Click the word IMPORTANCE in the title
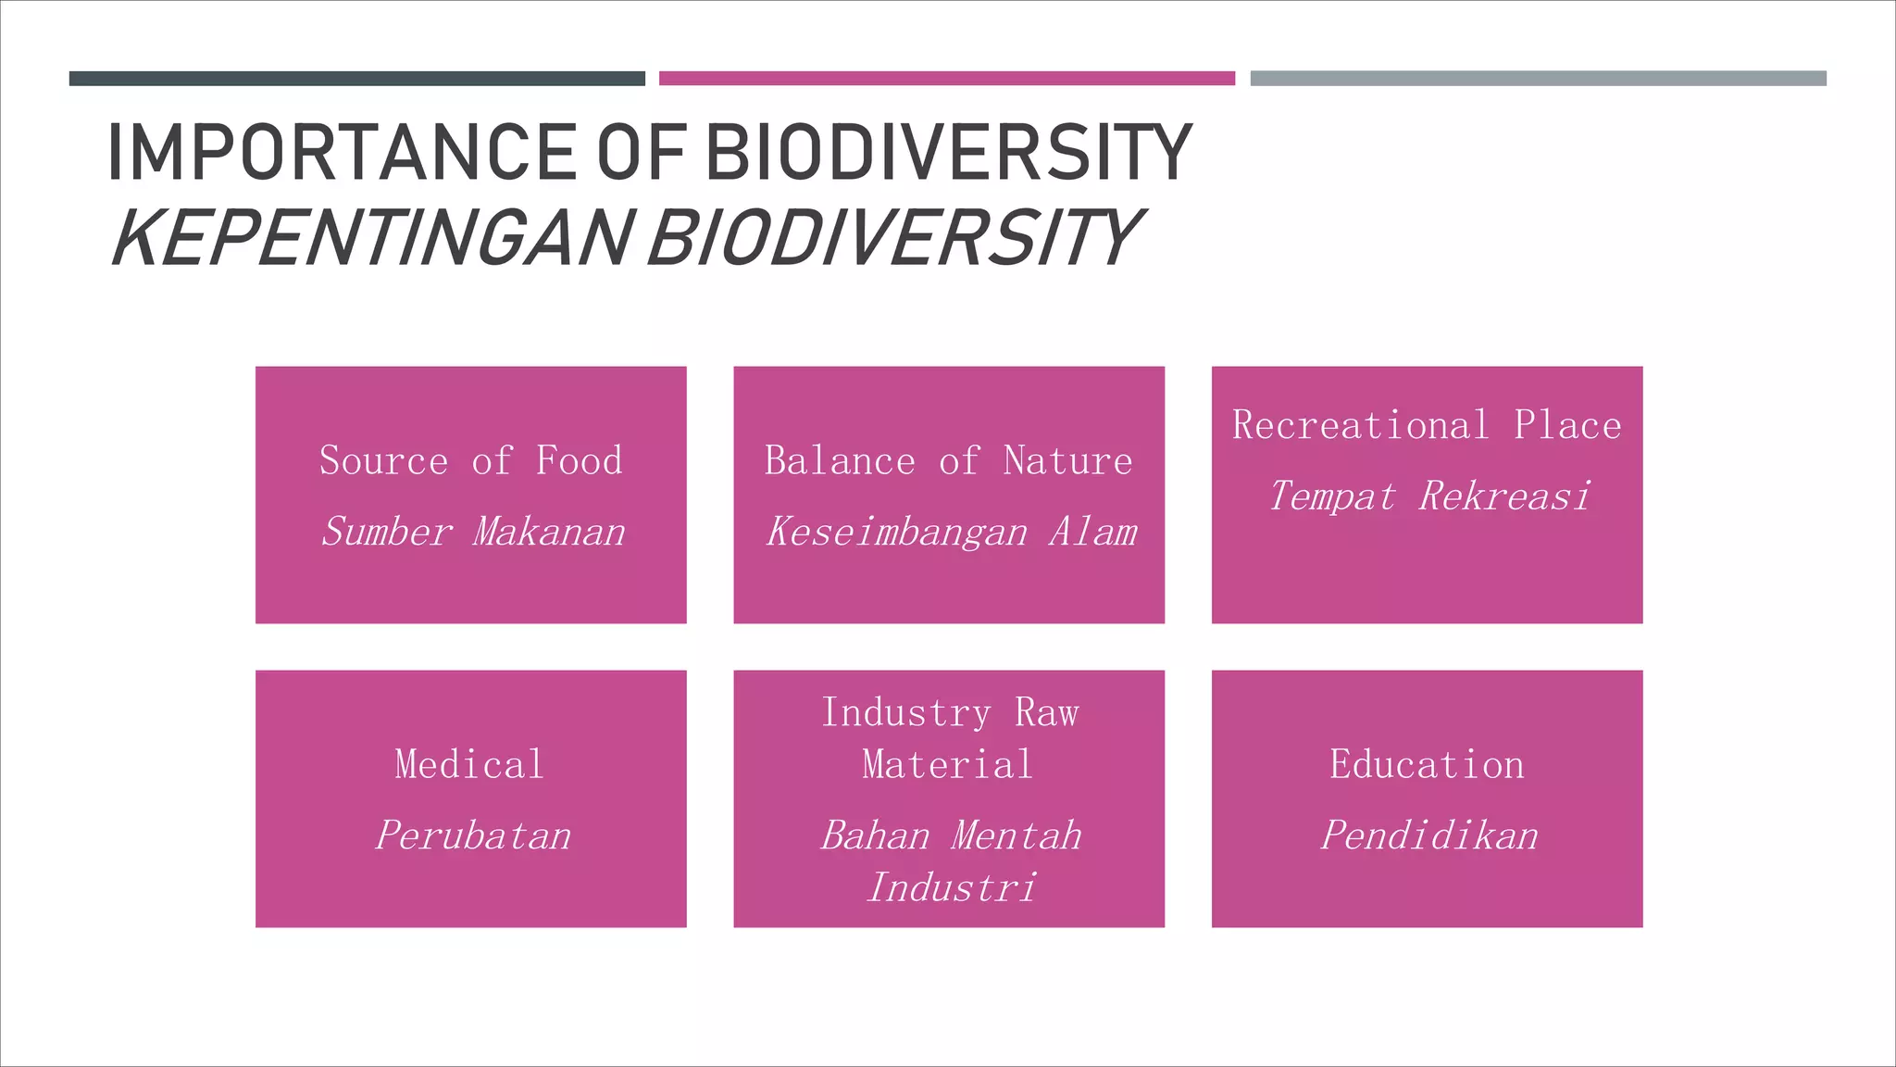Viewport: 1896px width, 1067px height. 343,153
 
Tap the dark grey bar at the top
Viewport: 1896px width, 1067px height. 356,79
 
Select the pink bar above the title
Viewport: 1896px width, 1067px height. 946,79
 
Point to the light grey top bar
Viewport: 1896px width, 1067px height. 1538,79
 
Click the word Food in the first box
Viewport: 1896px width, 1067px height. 579,461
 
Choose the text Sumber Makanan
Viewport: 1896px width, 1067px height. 472,533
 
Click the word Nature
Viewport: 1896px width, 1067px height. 1067,461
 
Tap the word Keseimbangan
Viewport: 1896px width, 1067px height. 896,533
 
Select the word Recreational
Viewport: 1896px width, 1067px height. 1360,426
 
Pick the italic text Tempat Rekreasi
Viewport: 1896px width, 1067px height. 1428,496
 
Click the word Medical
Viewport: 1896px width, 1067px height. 469,765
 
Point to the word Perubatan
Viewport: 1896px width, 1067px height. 472,835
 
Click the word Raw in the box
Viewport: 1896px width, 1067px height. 1046,713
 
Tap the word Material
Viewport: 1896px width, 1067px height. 947,765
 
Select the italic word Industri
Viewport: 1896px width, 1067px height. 951,887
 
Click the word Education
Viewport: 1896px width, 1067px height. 1427,765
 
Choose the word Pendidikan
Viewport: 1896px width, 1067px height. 1428,835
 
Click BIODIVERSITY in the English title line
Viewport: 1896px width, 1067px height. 948,153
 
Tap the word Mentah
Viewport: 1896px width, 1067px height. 1016,835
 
